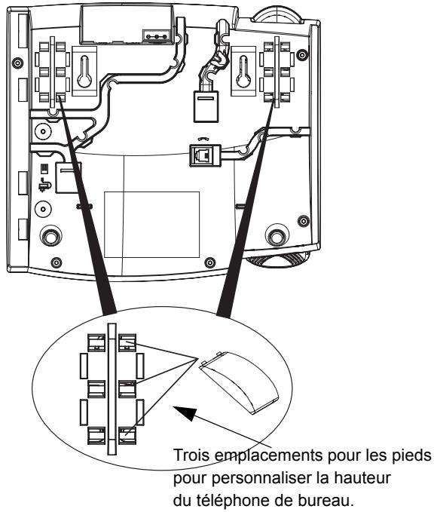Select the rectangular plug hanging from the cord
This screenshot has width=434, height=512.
[x=205, y=107]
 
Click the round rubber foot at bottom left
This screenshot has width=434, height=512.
[x=51, y=236]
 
